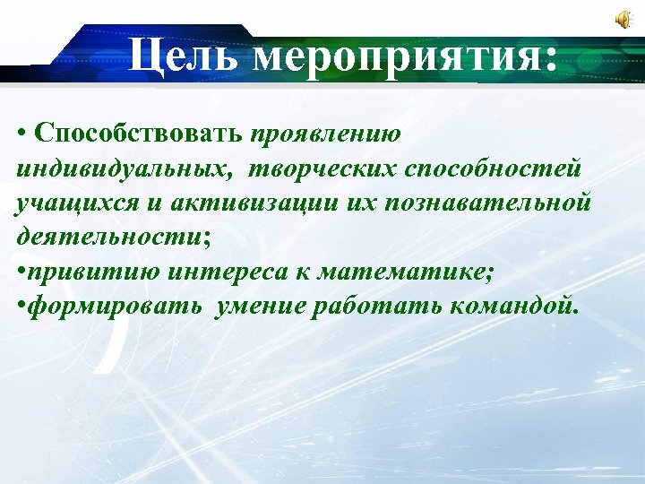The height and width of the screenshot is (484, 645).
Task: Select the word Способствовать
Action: click(139, 134)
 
